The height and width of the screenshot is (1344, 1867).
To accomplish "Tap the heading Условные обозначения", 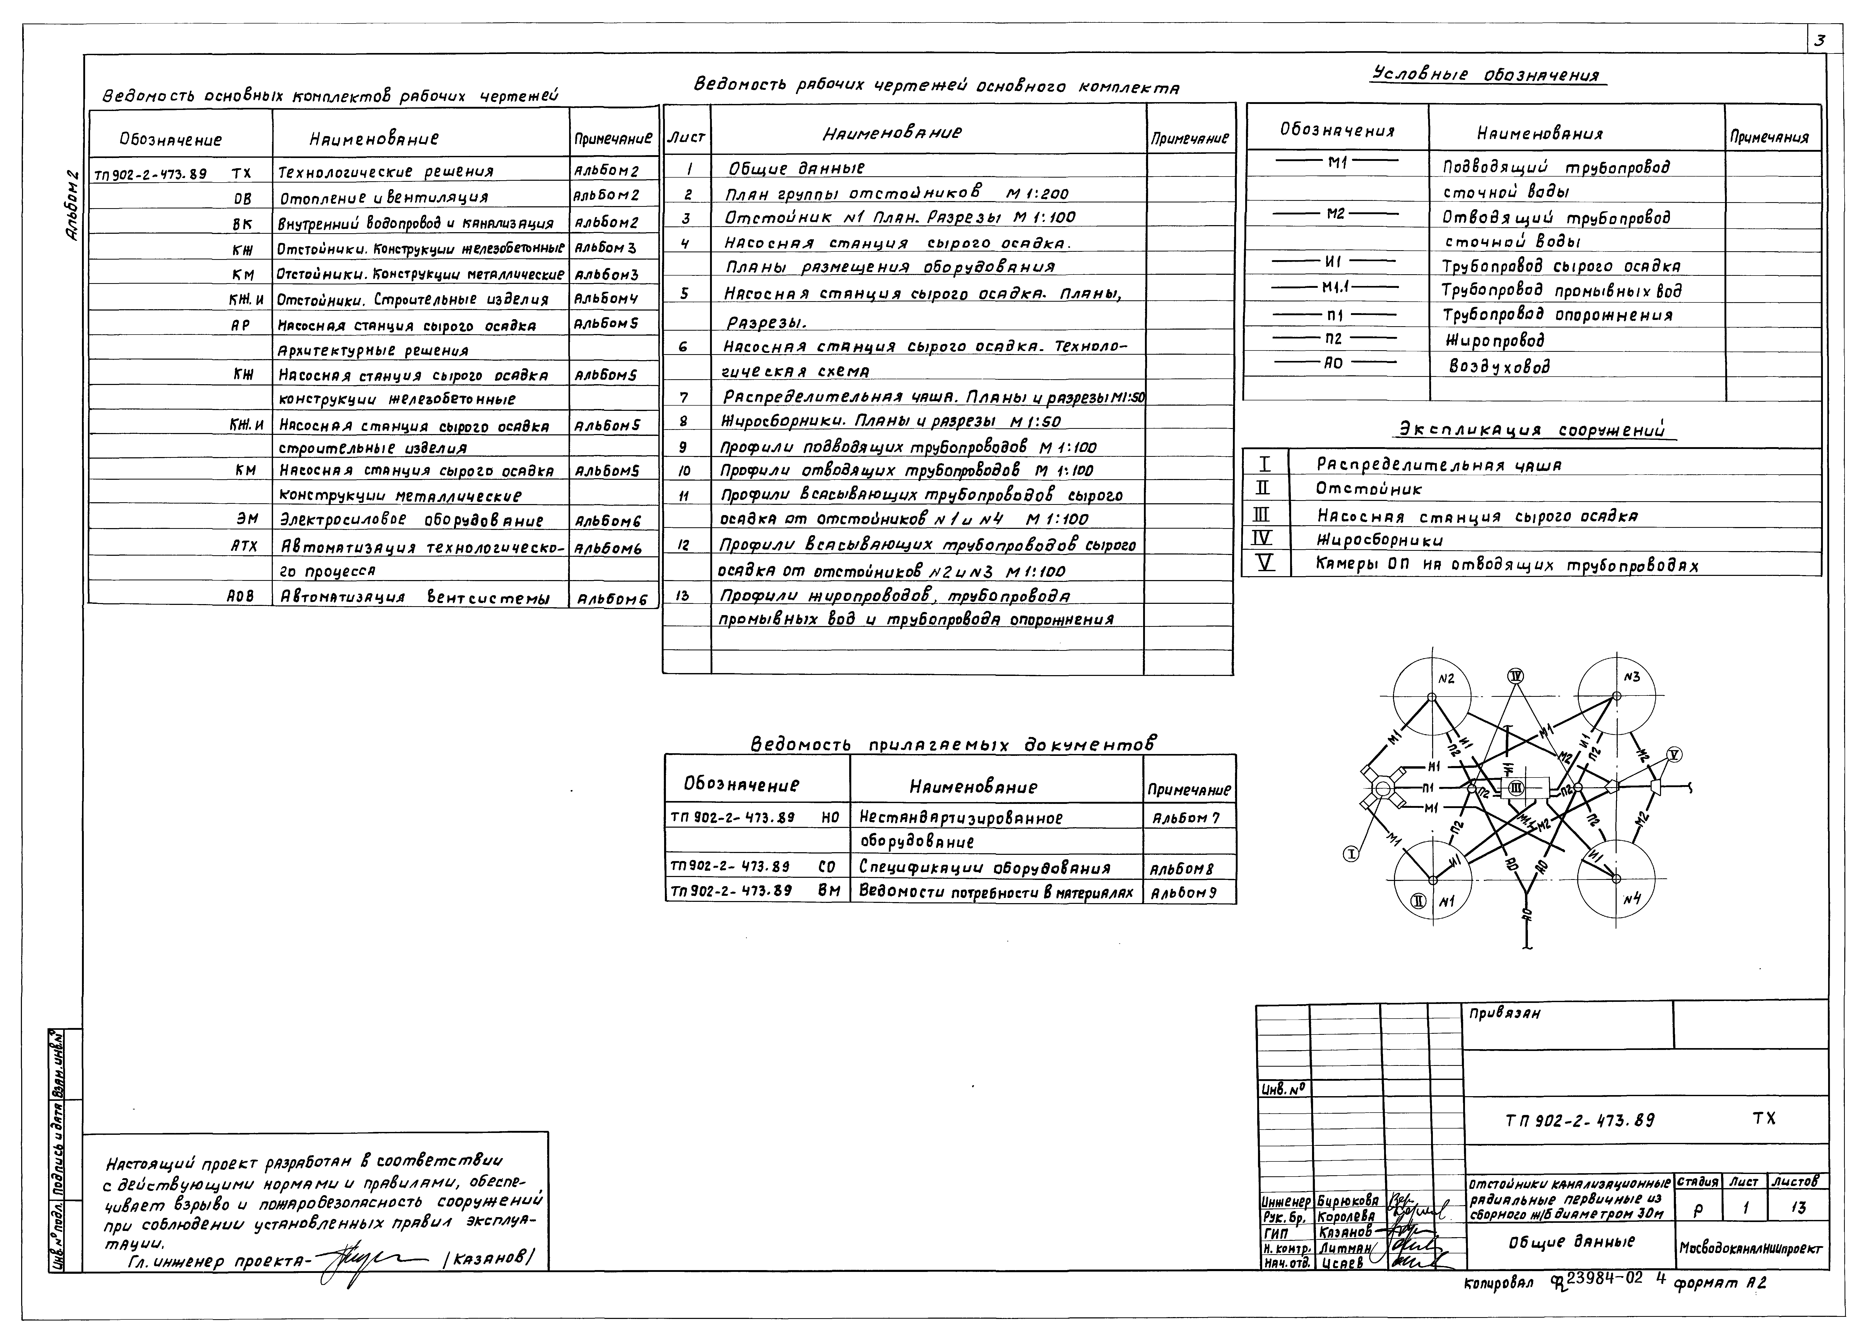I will (1488, 75).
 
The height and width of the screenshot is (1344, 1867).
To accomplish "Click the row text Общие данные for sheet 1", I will (796, 168).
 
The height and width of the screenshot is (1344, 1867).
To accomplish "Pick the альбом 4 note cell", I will (606, 298).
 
